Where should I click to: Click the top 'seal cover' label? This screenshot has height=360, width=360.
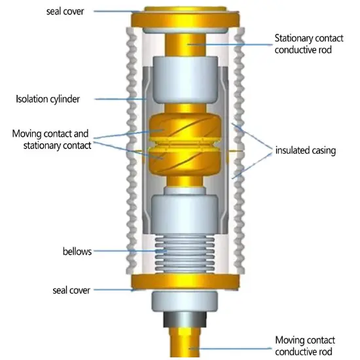pos(65,11)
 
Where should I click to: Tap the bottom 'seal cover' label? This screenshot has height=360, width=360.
pos(71,290)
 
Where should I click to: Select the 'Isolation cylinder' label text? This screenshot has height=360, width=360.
pos(48,99)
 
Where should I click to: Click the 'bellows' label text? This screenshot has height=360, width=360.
pos(77,251)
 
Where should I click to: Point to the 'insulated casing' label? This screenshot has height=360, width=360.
pos(306,151)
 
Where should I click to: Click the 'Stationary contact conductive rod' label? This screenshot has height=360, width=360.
pos(309,44)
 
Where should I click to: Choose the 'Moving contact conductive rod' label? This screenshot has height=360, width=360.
pos(305,346)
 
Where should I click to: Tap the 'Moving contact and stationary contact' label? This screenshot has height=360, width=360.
pos(52,139)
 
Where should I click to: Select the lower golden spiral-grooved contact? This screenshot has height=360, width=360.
pos(185,162)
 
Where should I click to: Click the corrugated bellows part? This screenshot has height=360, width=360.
pos(185,253)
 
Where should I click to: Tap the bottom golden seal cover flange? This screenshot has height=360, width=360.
pos(185,282)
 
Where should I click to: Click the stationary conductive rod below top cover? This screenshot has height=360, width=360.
pos(185,45)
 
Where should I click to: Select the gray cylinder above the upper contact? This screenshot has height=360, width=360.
pos(185,80)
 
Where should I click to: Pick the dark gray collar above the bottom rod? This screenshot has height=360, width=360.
pos(185,319)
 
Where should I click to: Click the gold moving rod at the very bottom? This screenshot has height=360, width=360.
pos(185,343)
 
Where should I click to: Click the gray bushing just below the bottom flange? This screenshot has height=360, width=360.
pos(185,302)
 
